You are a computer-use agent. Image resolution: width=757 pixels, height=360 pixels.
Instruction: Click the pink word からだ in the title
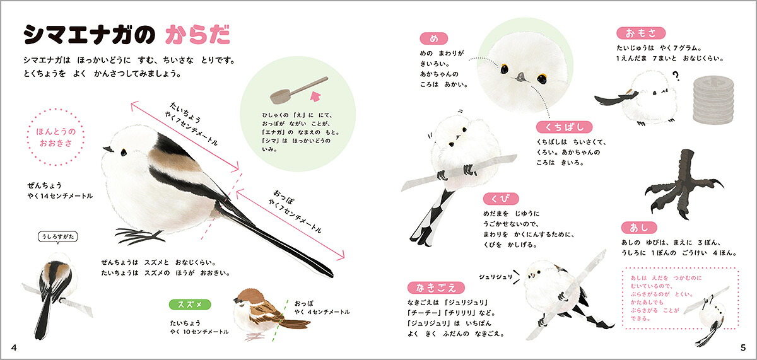pos(198,35)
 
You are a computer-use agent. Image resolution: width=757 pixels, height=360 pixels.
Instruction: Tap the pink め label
pos(433,38)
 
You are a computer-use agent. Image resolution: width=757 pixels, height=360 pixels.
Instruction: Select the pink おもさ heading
pos(641,33)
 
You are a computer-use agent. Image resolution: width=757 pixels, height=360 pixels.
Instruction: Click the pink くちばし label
pos(564,127)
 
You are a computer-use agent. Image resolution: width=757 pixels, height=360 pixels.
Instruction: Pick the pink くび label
pos(500,199)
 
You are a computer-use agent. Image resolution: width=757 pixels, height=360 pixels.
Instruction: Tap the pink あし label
pos(638,228)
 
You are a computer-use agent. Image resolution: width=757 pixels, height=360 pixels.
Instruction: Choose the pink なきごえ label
pos(436,287)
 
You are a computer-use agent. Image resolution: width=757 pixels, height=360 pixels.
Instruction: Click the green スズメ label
pos(190,305)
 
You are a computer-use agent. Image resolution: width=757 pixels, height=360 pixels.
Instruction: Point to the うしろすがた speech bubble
pos(58,236)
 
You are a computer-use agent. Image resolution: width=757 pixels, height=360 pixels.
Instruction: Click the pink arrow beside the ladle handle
pos(315,96)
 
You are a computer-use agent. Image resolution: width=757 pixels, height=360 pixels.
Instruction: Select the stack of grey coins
pos(713,100)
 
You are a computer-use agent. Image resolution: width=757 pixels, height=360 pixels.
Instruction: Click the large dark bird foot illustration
pos(684,184)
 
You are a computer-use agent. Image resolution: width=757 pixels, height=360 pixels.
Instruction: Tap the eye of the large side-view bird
pos(124,153)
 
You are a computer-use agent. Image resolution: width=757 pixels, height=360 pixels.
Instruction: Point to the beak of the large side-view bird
pos(107,149)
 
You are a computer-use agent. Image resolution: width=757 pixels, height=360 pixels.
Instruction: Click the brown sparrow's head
pos(245,298)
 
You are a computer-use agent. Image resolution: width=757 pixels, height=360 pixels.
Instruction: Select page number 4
pos(14,347)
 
